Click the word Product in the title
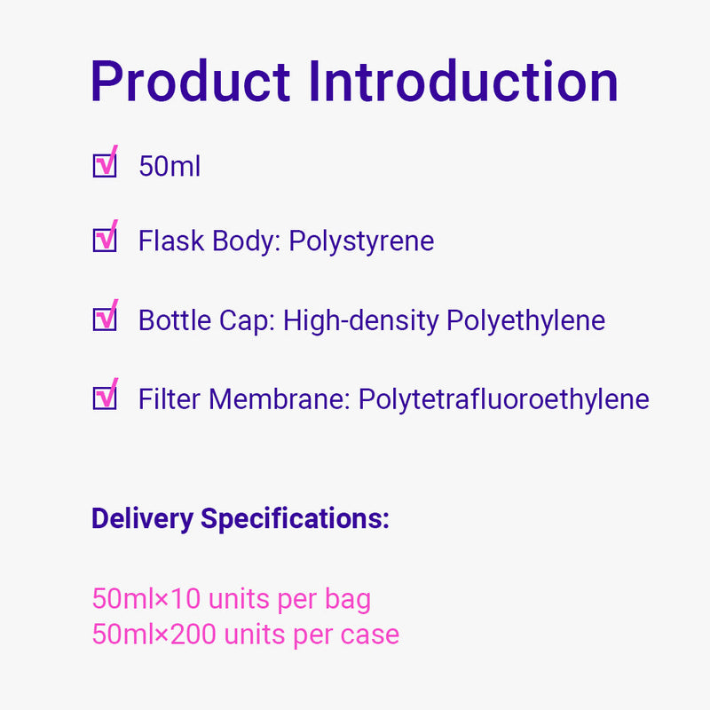tap(190, 82)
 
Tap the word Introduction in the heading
tap(463, 82)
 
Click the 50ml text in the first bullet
tap(170, 166)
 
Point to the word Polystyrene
tap(361, 241)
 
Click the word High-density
tap(361, 321)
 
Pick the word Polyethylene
tap(525, 321)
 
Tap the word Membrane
tap(279, 399)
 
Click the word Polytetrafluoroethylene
tap(504, 400)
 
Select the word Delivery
tap(142, 519)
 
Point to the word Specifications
tap(295, 519)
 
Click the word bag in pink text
tap(348, 600)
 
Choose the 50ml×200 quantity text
tap(154, 634)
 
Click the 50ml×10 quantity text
tap(146, 598)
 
